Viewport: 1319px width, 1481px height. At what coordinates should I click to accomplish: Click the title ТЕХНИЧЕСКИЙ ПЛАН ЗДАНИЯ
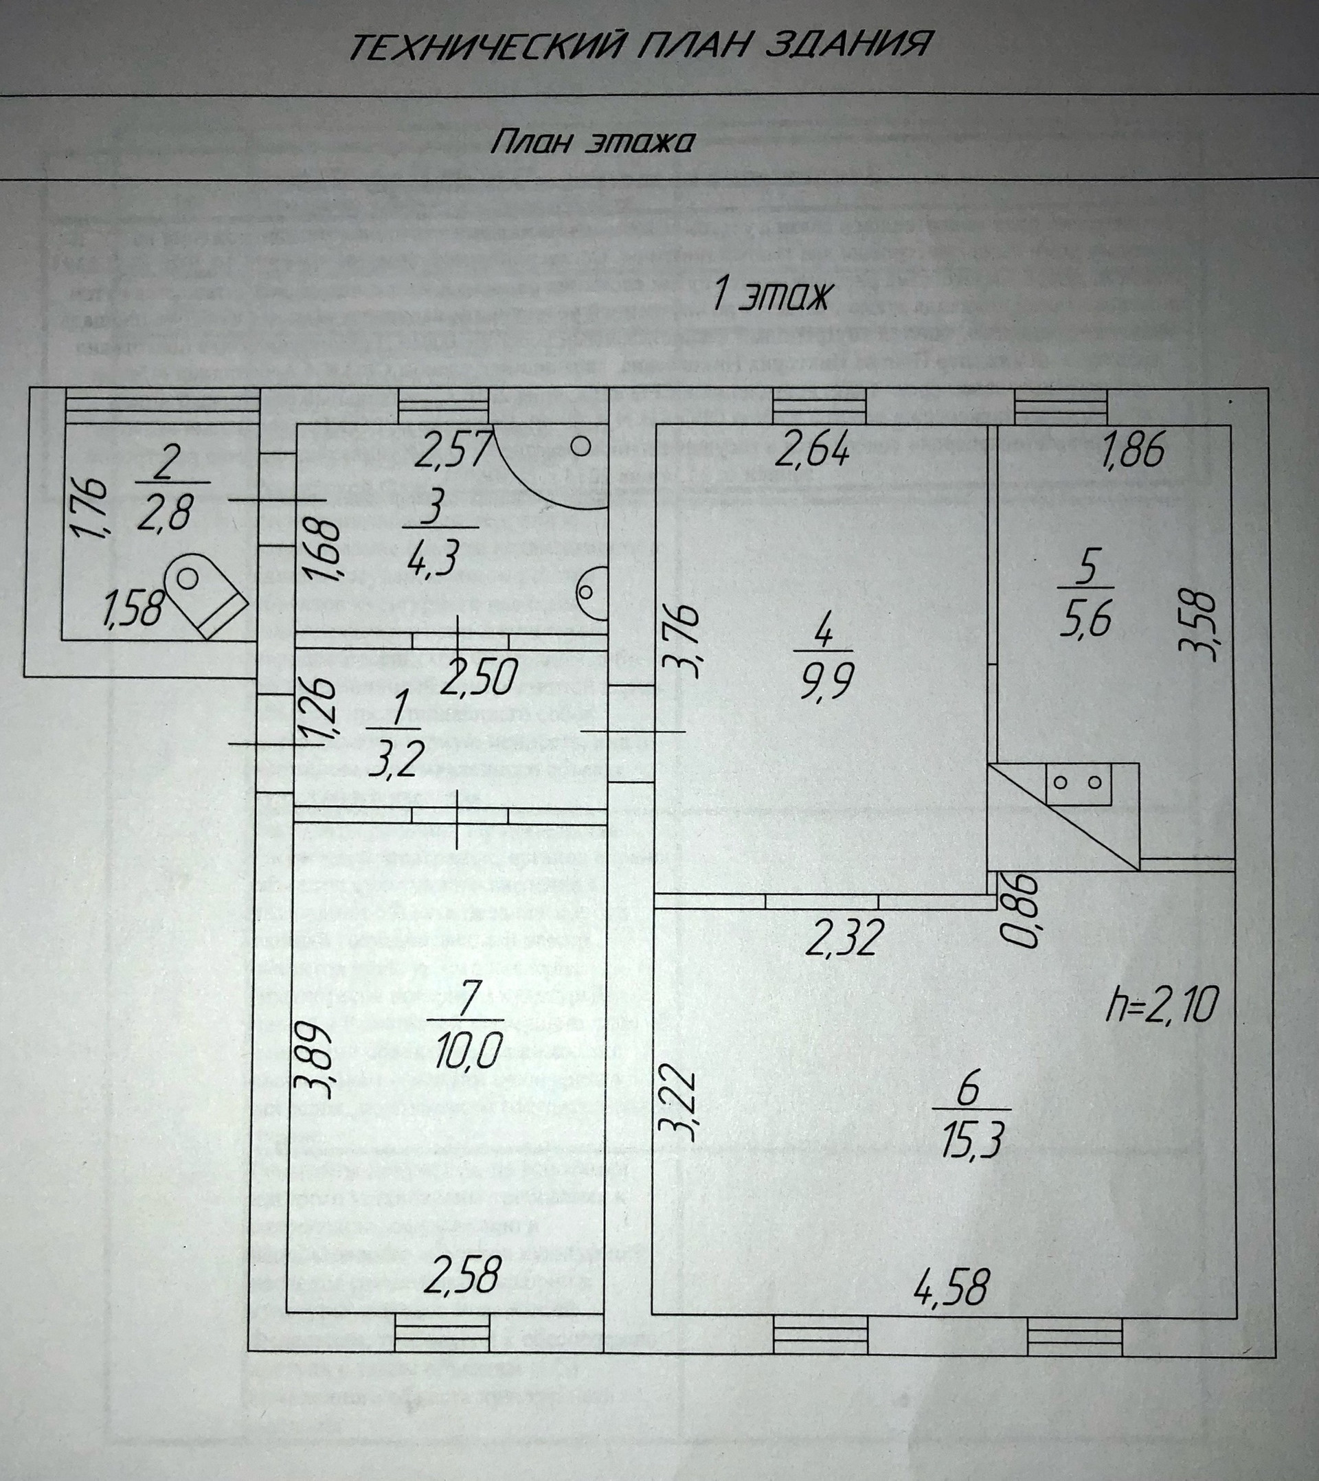coord(638,45)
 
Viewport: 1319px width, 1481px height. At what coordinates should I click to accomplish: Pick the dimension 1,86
coord(1133,450)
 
